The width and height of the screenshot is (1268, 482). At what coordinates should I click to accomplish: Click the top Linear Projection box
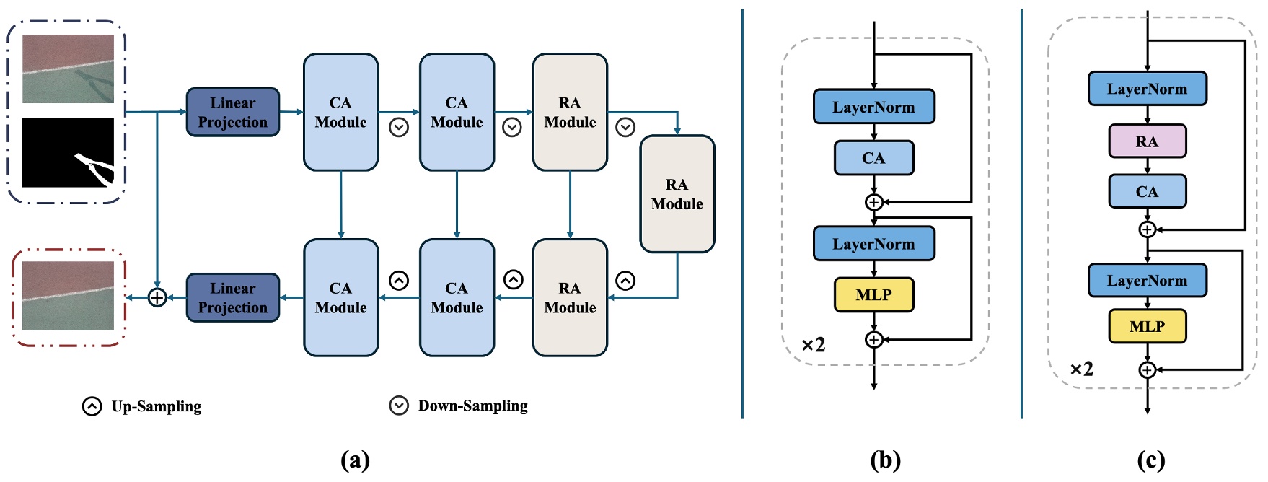[x=232, y=112]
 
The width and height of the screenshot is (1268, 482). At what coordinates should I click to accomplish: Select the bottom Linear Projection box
[x=232, y=297]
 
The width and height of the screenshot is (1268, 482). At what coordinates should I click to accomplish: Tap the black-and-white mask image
[x=68, y=152]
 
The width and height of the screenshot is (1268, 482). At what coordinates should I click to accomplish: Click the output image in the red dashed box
[x=68, y=295]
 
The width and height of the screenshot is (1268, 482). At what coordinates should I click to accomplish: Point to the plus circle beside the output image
[x=157, y=297]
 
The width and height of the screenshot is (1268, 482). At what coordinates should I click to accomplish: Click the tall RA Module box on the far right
[x=677, y=194]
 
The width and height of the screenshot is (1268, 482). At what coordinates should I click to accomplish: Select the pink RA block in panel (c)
[x=1147, y=141]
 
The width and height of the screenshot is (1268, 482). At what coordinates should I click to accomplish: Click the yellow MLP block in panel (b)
[x=873, y=294]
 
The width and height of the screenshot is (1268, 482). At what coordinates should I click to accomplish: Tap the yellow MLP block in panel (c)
[x=1147, y=326]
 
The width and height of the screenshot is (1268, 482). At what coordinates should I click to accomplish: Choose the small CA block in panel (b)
[x=873, y=158]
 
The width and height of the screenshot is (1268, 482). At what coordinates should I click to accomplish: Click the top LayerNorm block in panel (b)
[x=873, y=107]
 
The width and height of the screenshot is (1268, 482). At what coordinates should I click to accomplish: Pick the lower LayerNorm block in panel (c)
[x=1147, y=281]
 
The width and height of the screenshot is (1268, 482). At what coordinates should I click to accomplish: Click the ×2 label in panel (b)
[x=813, y=345]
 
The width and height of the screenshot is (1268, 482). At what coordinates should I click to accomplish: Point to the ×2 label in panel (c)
[x=1081, y=369]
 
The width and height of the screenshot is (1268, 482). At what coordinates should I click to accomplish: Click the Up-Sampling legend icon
[x=92, y=406]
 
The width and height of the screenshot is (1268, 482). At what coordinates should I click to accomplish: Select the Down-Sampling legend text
[x=472, y=406]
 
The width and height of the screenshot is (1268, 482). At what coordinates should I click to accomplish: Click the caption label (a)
[x=355, y=460]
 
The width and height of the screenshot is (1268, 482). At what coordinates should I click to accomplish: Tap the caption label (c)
[x=1150, y=460]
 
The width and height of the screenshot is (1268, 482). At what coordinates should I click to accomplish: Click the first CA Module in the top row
[x=340, y=112]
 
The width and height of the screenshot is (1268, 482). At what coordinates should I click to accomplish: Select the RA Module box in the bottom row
[x=570, y=297]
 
